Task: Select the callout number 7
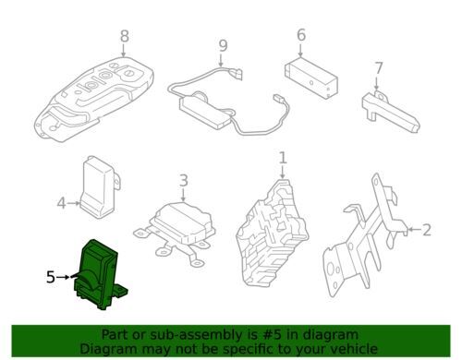[378, 67]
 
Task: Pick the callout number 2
[426, 229]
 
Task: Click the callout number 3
[183, 181]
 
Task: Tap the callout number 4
[62, 203]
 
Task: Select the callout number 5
[51, 275]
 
